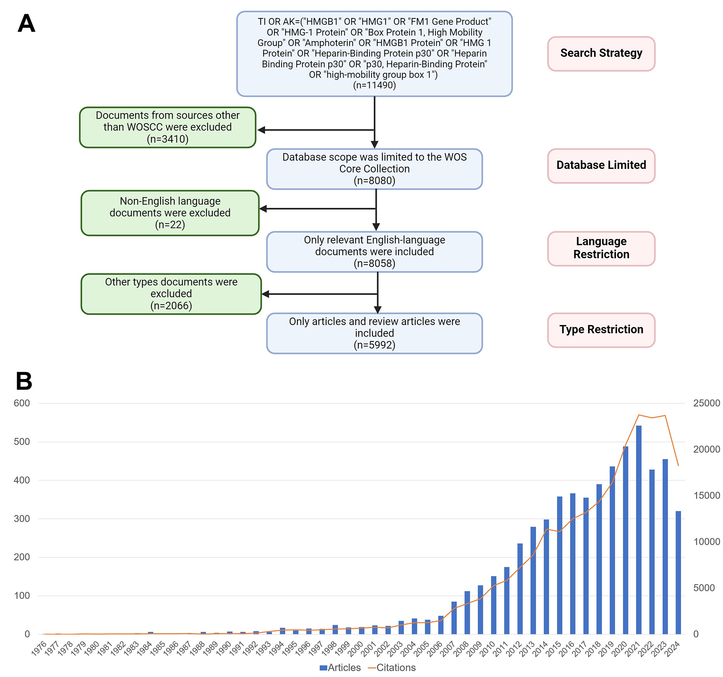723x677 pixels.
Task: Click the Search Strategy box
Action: (601, 54)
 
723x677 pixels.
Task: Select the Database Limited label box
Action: (601, 166)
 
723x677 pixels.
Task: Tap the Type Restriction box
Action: (601, 330)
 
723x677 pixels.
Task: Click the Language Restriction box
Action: (601, 248)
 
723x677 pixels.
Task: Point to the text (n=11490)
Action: (374, 85)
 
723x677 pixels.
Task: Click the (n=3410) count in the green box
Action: (168, 139)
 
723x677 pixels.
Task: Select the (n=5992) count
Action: (374, 345)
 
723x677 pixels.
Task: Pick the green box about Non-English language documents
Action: (170, 213)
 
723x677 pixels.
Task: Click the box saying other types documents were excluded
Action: (171, 294)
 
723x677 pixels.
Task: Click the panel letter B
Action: (24, 381)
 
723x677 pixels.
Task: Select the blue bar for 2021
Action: (639, 530)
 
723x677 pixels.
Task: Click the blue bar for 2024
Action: (678, 573)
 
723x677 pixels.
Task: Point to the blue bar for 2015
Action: (559, 565)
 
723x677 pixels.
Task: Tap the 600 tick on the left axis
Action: (22, 403)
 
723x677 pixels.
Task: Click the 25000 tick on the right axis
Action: (706, 403)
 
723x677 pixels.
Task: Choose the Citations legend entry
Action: (392, 667)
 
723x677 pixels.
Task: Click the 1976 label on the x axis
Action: (39, 648)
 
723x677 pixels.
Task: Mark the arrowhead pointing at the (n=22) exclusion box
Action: (263, 209)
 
